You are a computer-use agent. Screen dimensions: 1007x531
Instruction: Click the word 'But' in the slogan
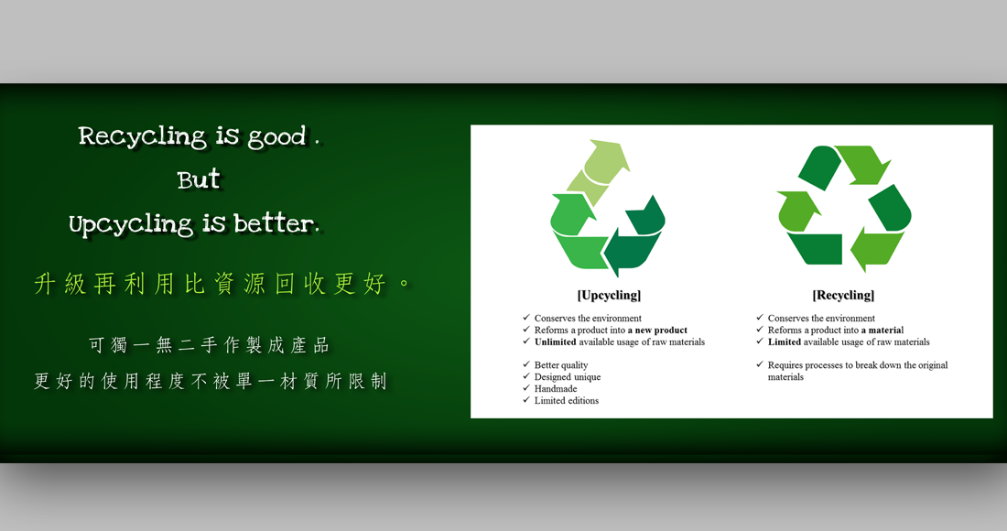[199, 179]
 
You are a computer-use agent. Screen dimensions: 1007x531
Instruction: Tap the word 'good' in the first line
[276, 136]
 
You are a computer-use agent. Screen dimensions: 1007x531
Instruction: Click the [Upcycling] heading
[609, 295]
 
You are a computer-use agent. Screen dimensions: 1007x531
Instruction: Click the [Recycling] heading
[843, 295]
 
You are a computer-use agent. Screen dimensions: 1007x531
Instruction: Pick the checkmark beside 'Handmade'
[526, 388]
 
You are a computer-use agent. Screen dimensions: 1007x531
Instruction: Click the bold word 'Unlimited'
[555, 342]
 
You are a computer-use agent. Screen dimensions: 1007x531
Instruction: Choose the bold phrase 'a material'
[882, 330]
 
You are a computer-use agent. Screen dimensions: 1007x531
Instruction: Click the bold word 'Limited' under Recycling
[785, 342]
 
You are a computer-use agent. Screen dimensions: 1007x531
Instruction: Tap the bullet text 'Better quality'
[561, 365]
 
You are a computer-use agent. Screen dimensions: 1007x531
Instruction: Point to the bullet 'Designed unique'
[568, 377]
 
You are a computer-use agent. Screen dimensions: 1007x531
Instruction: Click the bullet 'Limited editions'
[567, 401]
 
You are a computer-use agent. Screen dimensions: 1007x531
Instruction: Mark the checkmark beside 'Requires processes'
[760, 364]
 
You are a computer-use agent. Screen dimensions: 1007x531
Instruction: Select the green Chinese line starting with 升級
[222, 283]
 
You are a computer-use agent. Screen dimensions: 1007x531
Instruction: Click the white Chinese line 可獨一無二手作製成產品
[210, 345]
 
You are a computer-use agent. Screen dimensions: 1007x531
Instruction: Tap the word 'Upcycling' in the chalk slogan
[131, 224]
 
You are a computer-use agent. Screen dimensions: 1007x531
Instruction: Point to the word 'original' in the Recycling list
[931, 365]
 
